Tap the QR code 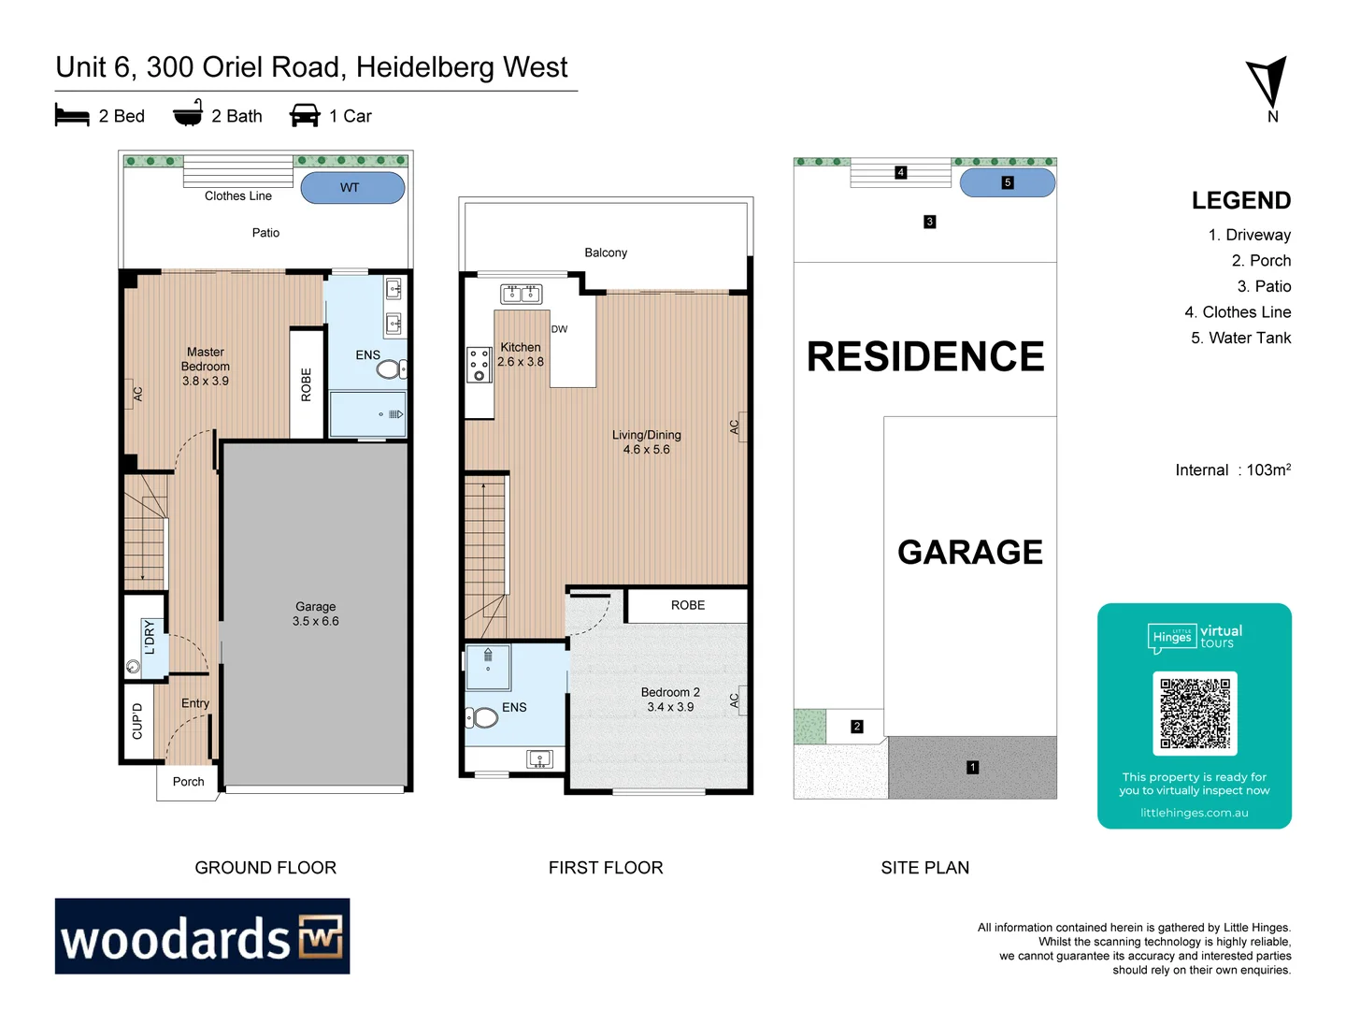point(1195,714)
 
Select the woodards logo point(202,936)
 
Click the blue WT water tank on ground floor point(352,188)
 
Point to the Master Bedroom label point(206,367)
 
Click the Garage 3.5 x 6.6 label point(316,613)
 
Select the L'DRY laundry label point(150,636)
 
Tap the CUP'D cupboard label point(137,721)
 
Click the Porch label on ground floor point(188,782)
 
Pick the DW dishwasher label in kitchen point(559,329)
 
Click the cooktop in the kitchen point(479,364)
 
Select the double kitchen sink point(521,294)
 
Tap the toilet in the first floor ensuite point(481,717)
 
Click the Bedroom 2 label point(670,700)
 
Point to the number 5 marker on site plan point(1008,182)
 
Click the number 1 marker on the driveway point(972,767)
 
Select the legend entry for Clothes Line point(1238,312)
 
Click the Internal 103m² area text point(1232,470)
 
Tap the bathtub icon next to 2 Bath point(188,114)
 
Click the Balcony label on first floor point(606,252)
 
